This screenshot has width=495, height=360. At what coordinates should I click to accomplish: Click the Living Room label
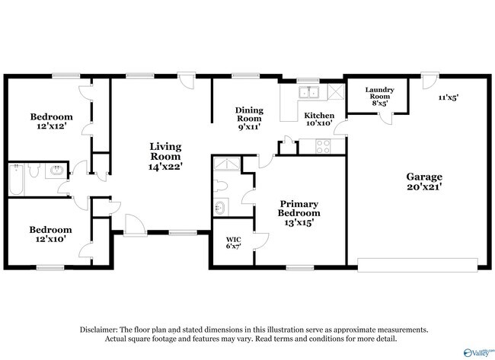(165, 151)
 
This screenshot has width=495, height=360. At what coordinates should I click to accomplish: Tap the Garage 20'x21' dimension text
(424, 186)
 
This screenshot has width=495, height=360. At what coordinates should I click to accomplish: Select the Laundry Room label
(380, 93)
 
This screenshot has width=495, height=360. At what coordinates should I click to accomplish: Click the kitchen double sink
(308, 92)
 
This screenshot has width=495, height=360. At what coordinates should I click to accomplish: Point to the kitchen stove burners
(323, 146)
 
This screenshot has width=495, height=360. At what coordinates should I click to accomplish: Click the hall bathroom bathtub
(16, 179)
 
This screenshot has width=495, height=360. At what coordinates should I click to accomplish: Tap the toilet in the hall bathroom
(34, 170)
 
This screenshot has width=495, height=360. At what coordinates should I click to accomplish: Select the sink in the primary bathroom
(221, 207)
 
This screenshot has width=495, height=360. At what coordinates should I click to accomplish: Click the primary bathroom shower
(227, 164)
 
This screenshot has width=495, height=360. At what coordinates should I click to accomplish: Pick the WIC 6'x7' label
(234, 243)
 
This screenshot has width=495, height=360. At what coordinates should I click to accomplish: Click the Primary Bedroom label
(299, 209)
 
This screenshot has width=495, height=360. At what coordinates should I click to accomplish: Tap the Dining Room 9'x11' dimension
(249, 127)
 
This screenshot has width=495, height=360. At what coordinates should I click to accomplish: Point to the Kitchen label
(319, 116)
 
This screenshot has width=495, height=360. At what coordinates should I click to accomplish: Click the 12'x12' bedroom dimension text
(51, 126)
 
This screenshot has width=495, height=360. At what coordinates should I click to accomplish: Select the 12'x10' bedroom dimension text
(50, 239)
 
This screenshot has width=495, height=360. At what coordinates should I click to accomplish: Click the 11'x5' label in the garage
(449, 97)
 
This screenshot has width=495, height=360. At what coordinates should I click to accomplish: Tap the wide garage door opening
(417, 265)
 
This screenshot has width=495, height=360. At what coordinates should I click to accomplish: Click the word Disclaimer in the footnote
(99, 330)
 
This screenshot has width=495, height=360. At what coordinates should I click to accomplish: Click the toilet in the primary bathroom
(220, 186)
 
